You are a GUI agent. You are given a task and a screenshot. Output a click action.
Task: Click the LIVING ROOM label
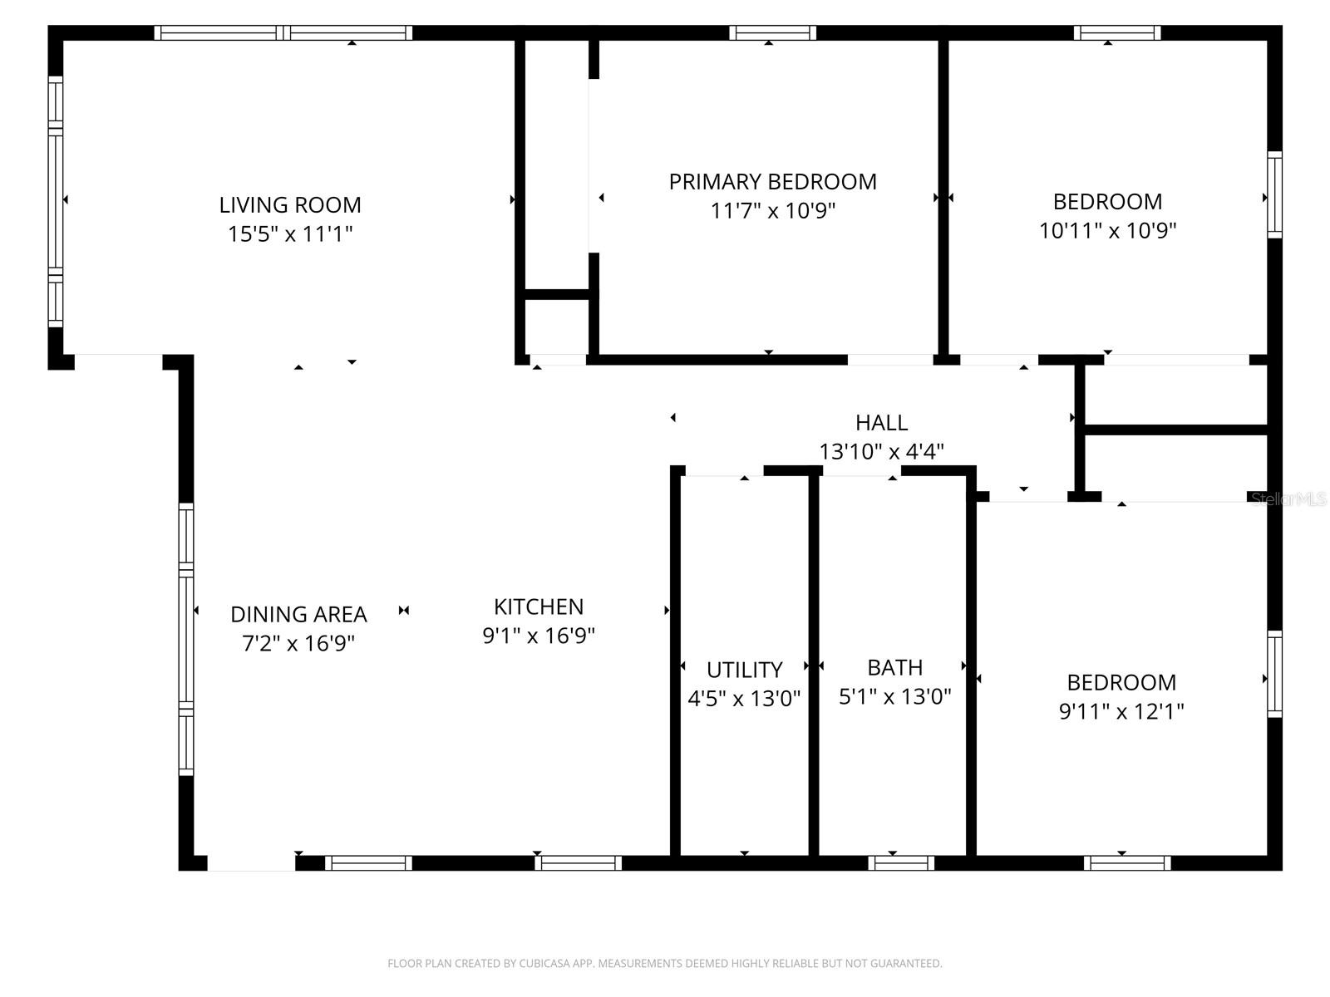pyautogui.click(x=290, y=204)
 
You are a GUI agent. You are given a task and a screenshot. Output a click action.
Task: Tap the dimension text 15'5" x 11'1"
pyautogui.click(x=290, y=234)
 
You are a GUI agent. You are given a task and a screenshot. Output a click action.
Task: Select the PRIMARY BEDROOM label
pyautogui.click(x=772, y=181)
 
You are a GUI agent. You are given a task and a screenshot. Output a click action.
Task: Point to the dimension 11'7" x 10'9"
pyautogui.click(x=772, y=211)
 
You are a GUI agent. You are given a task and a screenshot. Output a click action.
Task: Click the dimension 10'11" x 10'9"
pyautogui.click(x=1107, y=230)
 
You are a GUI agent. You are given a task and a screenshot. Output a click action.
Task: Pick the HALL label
pyautogui.click(x=881, y=423)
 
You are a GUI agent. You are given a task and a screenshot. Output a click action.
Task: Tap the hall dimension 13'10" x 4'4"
pyautogui.click(x=881, y=452)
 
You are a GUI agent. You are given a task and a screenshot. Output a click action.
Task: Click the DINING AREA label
pyautogui.click(x=298, y=614)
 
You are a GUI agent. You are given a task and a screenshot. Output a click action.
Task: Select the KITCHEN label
pyautogui.click(x=539, y=607)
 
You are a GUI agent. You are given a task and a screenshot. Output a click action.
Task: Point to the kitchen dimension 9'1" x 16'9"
pyautogui.click(x=539, y=636)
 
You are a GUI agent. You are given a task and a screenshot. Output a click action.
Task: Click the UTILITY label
pyautogui.click(x=744, y=670)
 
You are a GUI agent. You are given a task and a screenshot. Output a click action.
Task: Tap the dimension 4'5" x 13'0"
pyautogui.click(x=744, y=699)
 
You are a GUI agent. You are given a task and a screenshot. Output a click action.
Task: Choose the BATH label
pyautogui.click(x=894, y=667)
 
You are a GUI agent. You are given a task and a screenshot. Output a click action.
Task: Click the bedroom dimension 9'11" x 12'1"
pyautogui.click(x=1121, y=712)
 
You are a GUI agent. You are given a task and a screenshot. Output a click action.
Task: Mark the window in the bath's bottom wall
pyautogui.click(x=901, y=863)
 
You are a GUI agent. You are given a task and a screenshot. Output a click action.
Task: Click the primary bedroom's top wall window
pyautogui.click(x=772, y=33)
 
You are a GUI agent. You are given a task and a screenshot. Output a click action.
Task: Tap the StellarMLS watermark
pyautogui.click(x=1288, y=498)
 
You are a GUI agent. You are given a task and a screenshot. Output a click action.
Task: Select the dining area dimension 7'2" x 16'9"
pyautogui.click(x=298, y=644)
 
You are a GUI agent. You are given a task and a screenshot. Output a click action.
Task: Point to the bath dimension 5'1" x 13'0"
pyautogui.click(x=894, y=696)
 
